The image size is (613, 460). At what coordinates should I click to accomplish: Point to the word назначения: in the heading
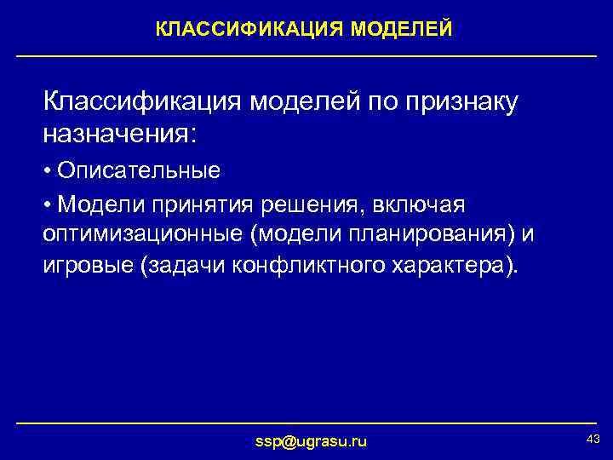(x=120, y=133)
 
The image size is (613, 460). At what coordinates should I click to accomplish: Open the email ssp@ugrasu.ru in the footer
(x=312, y=441)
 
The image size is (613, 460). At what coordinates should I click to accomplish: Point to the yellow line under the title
(x=306, y=56)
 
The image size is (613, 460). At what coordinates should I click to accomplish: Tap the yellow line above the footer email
(x=306, y=423)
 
